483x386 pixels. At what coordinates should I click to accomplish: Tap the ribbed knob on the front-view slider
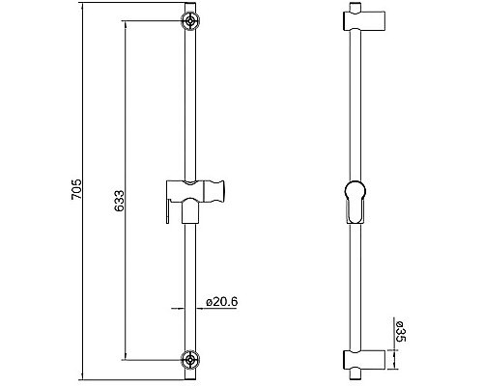[x=218, y=189]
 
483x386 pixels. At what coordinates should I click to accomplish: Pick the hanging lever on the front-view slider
[x=170, y=207]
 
